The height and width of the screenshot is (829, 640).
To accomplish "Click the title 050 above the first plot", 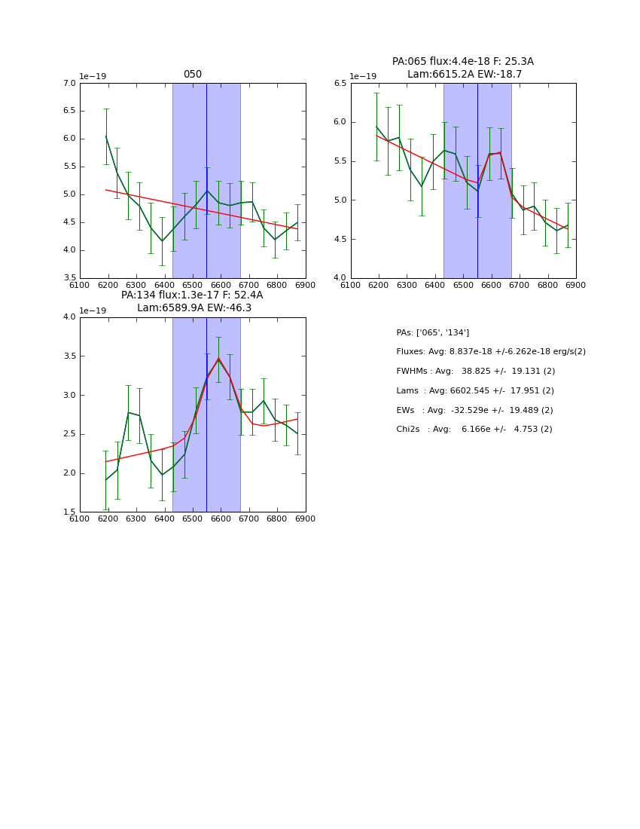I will point(193,75).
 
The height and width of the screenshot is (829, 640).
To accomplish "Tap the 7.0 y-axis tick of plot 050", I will point(68,84).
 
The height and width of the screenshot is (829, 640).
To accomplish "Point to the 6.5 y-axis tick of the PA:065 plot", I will point(339,84).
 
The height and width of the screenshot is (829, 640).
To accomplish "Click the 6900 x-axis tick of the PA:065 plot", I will point(576,285).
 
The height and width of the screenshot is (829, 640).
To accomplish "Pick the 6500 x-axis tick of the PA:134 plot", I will point(193,519).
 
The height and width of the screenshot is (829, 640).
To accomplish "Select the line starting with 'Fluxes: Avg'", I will point(491,352).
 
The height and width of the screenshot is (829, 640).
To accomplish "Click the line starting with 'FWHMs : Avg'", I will point(475,372).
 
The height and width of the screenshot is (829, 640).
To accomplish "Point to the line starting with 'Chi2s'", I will point(474,430).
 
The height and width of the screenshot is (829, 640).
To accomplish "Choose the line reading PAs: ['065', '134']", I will point(433,333).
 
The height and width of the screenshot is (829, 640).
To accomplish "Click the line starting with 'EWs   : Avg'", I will point(474,410).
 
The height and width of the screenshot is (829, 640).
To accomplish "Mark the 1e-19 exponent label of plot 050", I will point(93,77).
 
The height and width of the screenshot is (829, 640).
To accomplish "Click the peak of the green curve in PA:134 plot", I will point(218,359).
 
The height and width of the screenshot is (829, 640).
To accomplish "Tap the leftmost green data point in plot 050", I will point(106,136).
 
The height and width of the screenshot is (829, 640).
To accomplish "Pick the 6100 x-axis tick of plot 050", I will point(80,285).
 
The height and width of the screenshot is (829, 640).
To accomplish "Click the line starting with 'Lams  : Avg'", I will point(475,391).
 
